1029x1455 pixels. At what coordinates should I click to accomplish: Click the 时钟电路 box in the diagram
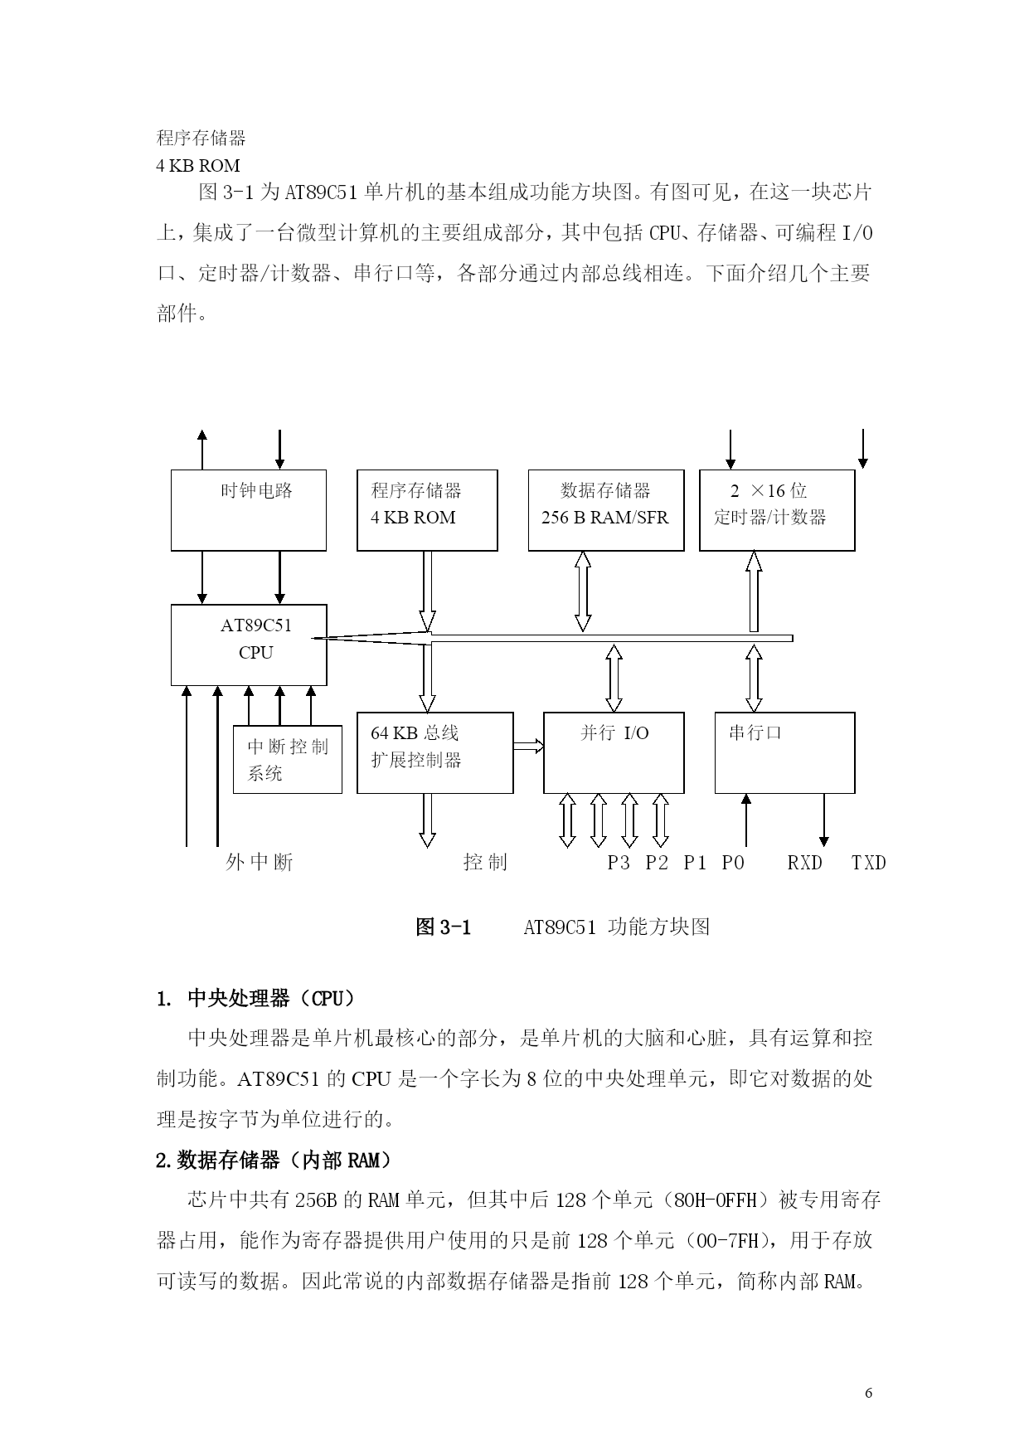(x=248, y=510)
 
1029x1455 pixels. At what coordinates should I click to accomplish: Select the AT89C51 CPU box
(x=248, y=645)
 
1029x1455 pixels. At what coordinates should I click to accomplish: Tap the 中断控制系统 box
(x=287, y=760)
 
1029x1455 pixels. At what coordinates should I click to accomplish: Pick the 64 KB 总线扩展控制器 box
(x=434, y=752)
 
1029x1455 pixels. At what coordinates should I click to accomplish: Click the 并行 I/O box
(x=614, y=752)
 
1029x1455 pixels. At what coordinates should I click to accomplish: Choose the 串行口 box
(x=784, y=752)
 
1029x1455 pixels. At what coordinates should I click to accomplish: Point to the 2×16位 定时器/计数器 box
(x=777, y=510)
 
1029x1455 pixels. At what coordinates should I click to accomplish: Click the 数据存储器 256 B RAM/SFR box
(x=606, y=510)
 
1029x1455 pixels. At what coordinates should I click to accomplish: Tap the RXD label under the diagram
(x=805, y=863)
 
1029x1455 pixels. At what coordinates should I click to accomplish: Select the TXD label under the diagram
(x=869, y=863)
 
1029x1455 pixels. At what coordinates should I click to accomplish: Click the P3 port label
(x=619, y=863)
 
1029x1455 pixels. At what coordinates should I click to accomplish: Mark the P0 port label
(x=733, y=863)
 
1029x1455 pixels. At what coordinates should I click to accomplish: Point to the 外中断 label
(x=260, y=863)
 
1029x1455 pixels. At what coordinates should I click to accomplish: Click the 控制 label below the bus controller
(x=485, y=863)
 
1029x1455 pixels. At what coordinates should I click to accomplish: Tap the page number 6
(x=868, y=1393)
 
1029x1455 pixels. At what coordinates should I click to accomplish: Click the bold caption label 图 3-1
(x=443, y=927)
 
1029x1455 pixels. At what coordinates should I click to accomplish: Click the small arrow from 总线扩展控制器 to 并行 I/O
(x=528, y=747)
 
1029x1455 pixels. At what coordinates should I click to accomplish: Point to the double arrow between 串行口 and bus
(x=754, y=679)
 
